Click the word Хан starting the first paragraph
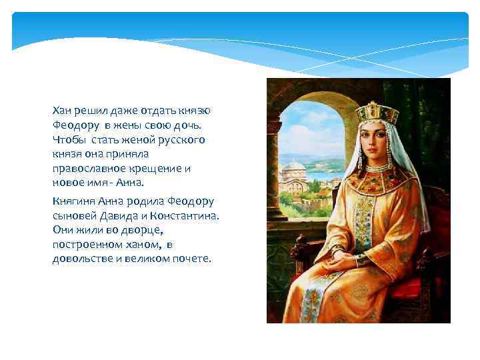[63, 109]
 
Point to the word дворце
[143, 230]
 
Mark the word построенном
[84, 245]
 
